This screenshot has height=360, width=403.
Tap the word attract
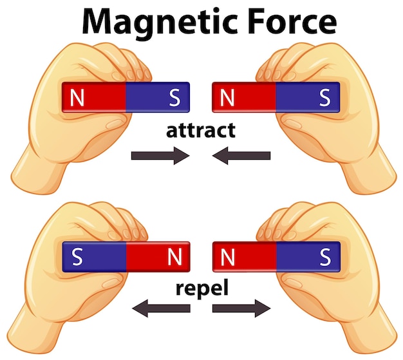(201, 131)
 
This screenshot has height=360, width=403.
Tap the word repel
(201, 289)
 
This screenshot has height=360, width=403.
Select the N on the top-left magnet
(77, 98)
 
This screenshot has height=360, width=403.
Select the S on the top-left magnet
(174, 98)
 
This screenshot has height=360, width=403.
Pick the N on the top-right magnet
(227, 98)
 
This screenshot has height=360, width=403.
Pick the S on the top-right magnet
(324, 98)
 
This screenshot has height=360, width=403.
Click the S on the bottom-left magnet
(77, 257)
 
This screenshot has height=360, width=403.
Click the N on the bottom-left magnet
(174, 257)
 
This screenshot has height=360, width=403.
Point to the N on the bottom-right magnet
(227, 257)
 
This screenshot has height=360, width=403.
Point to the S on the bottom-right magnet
(324, 257)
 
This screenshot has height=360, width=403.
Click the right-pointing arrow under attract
(160, 156)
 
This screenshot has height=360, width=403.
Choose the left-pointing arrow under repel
(160, 308)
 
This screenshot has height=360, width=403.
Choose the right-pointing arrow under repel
(241, 308)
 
